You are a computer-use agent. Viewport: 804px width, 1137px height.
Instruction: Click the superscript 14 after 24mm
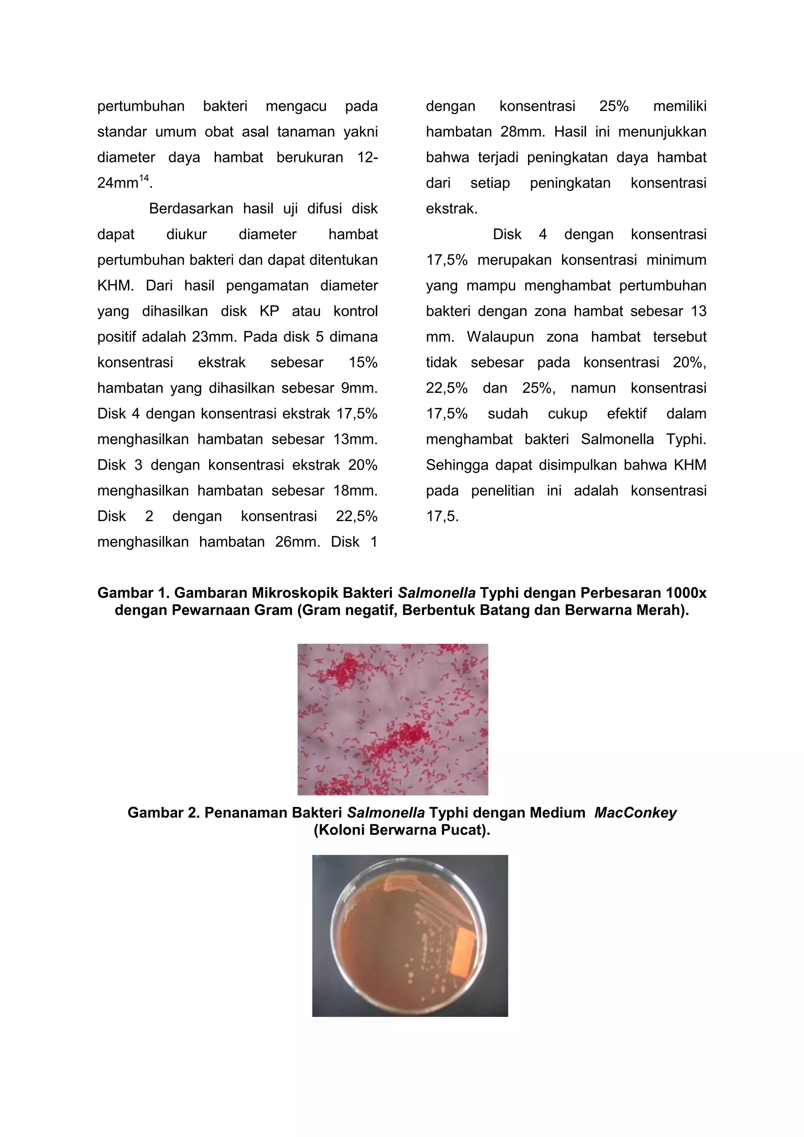pos(144,178)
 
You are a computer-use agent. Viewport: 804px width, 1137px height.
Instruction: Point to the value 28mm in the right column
pos(523,132)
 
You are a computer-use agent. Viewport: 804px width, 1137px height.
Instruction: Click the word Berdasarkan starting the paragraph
pos(191,208)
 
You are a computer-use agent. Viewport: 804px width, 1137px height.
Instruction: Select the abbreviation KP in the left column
pos(269,311)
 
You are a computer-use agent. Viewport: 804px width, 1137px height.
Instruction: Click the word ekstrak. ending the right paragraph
pos(451,208)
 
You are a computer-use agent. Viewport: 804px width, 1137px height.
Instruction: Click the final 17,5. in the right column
pos(442,516)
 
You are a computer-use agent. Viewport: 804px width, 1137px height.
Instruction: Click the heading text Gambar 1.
pos(133,593)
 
